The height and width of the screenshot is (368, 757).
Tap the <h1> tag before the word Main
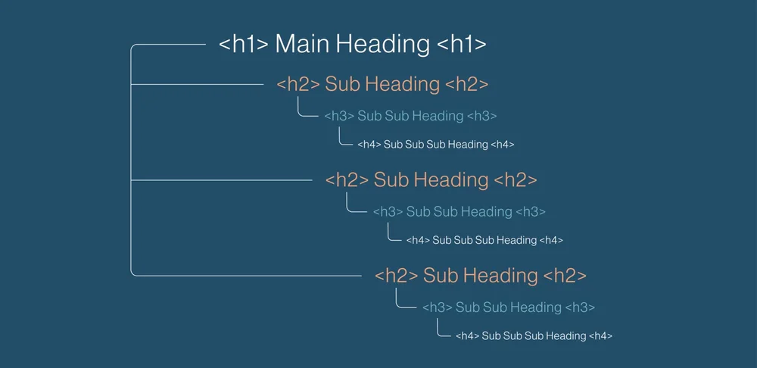[244, 44]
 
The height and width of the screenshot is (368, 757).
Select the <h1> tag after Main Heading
[462, 44]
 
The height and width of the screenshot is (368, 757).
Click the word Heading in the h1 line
[383, 44]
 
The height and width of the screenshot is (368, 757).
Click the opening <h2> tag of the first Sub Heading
[298, 84]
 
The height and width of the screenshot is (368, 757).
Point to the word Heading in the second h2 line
[450, 180]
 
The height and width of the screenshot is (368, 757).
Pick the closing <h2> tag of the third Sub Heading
[564, 276]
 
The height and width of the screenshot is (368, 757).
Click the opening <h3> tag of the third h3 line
[438, 307]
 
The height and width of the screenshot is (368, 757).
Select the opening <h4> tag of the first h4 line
[369, 144]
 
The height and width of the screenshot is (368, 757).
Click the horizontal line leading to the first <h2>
[197, 84]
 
